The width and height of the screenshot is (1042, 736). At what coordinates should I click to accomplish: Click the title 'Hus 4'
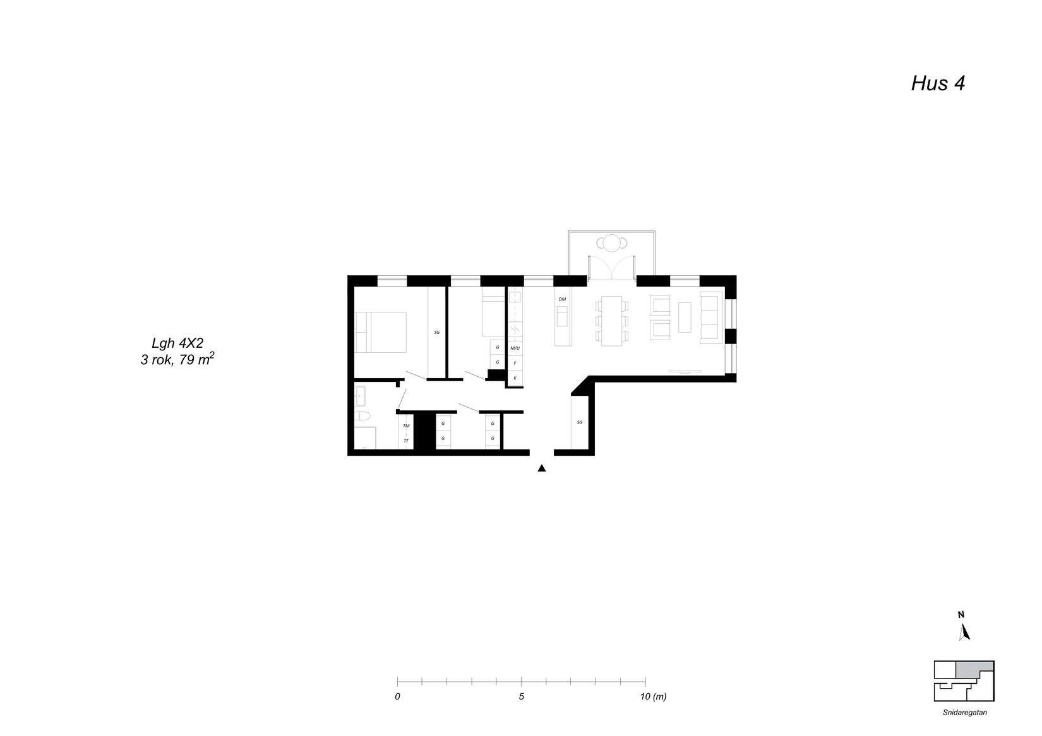click(x=938, y=84)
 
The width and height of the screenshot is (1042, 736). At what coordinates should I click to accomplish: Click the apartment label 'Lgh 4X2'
click(x=177, y=343)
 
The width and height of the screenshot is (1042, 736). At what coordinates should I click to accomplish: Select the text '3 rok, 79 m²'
click(x=177, y=359)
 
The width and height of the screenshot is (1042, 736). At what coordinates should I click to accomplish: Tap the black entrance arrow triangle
click(x=541, y=468)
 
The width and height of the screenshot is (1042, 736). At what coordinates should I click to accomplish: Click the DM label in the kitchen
click(x=562, y=299)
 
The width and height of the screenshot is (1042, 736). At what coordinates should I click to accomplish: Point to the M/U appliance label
click(x=515, y=348)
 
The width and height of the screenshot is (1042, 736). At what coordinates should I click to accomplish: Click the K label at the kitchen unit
click(x=515, y=378)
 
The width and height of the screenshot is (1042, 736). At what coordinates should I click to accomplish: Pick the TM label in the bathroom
click(x=406, y=426)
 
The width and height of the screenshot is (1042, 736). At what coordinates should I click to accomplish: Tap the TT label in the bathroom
click(x=406, y=441)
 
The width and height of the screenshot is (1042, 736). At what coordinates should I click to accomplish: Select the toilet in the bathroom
click(x=361, y=415)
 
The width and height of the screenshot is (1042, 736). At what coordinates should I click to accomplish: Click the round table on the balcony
click(x=612, y=243)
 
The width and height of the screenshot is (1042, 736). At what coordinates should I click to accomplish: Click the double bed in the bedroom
click(x=381, y=333)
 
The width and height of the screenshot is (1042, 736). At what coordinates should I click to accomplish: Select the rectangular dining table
click(x=612, y=321)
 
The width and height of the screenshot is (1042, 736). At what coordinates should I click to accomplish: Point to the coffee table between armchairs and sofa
click(x=685, y=317)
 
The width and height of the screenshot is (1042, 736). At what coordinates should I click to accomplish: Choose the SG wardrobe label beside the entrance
click(x=580, y=423)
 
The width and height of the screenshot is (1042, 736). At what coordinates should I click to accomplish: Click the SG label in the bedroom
click(x=437, y=333)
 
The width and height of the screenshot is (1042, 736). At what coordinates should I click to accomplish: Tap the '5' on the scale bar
click(x=522, y=696)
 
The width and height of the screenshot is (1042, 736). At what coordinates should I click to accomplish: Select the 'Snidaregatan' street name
click(x=965, y=712)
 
